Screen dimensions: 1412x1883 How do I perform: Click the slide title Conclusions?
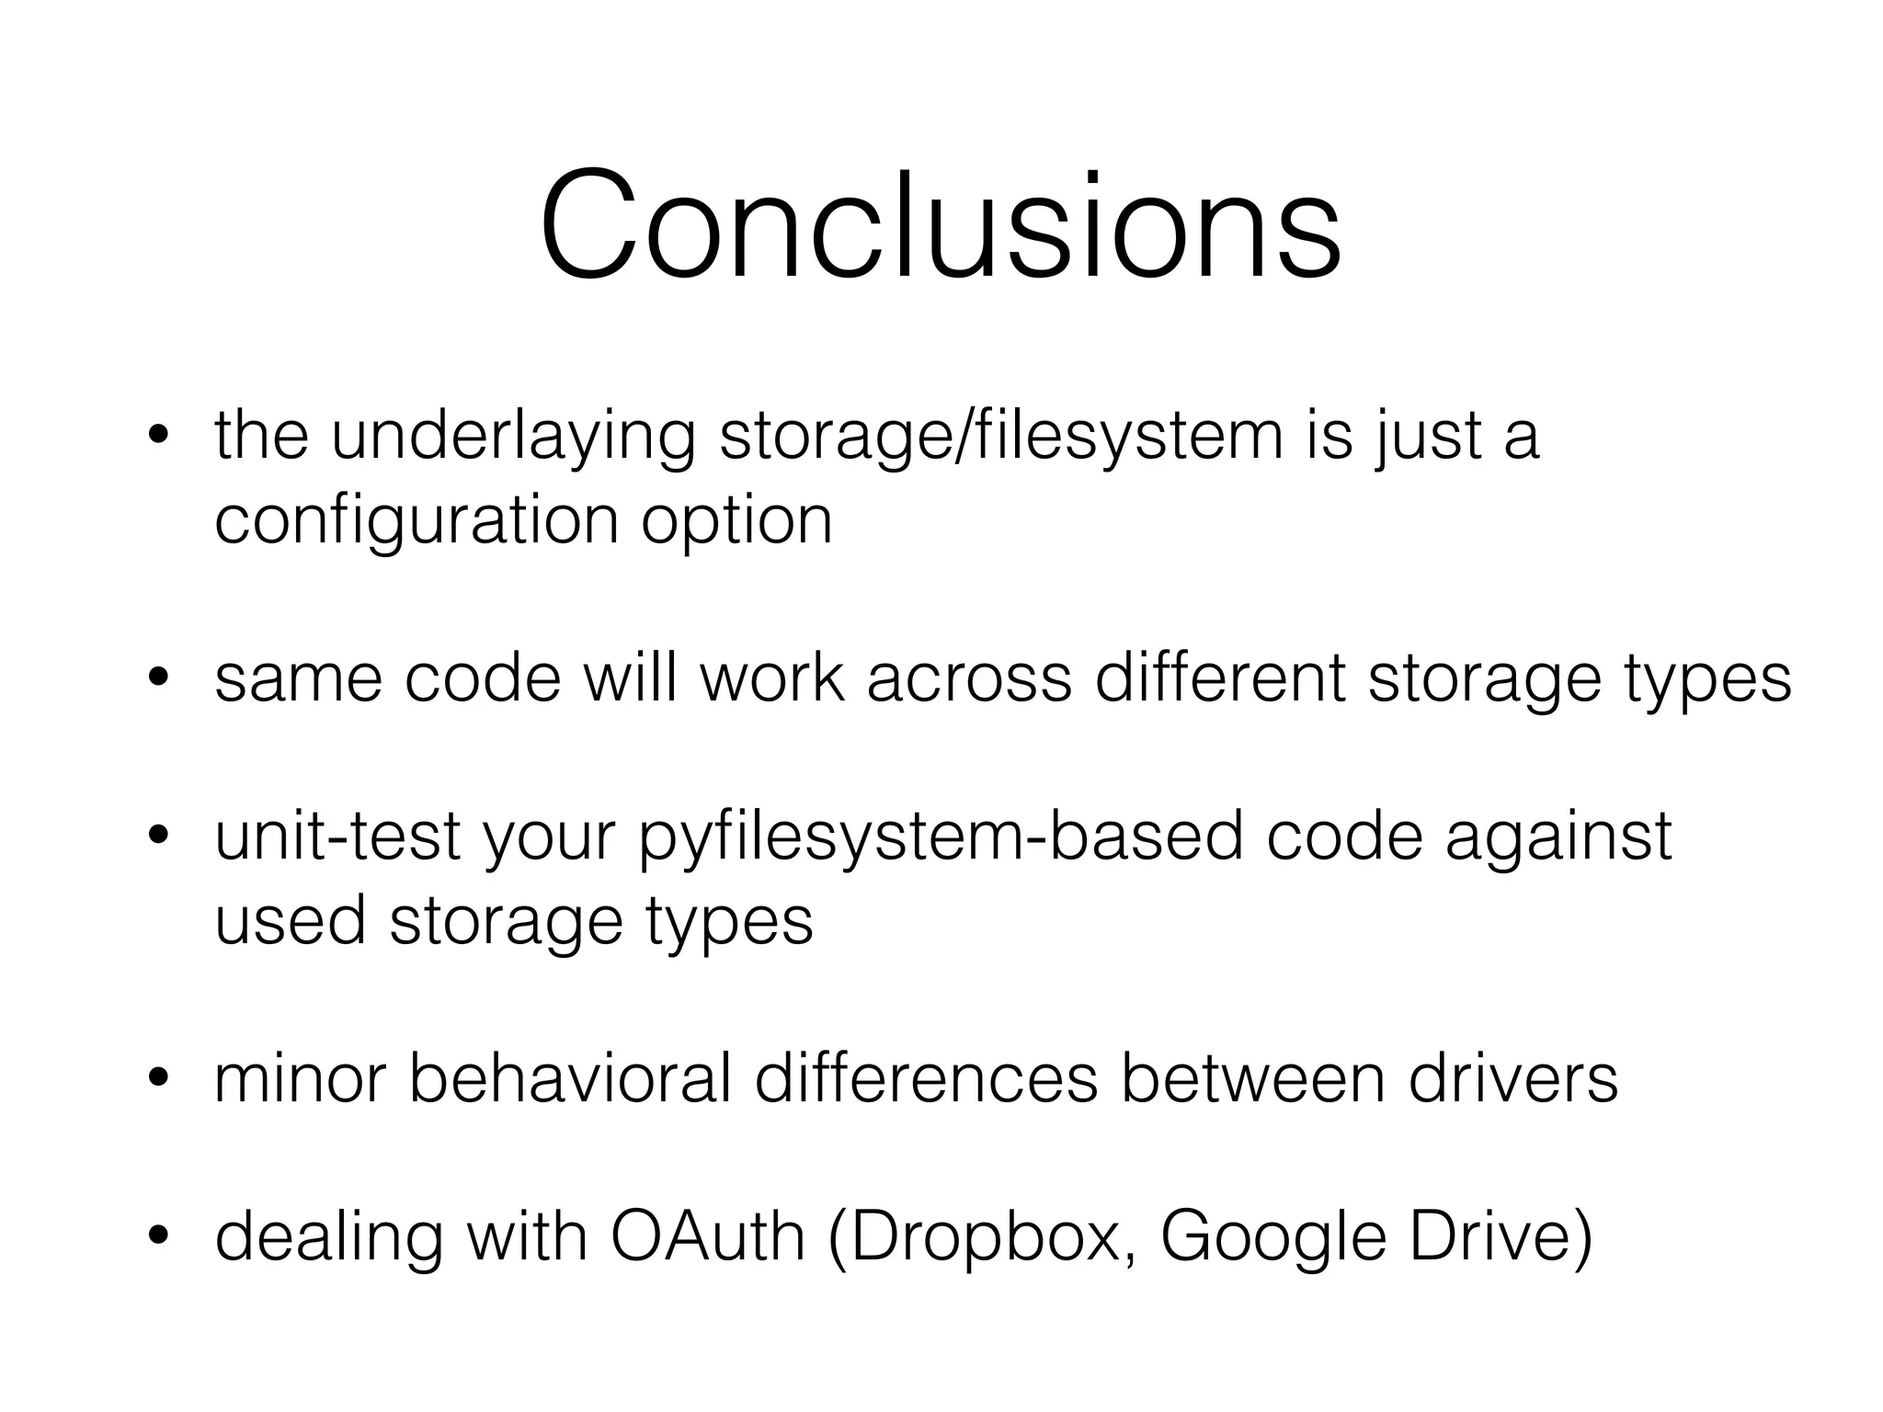[x=940, y=224]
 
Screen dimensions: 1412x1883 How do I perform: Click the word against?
[x=1558, y=838]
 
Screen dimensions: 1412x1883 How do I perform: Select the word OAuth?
[x=707, y=1237]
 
